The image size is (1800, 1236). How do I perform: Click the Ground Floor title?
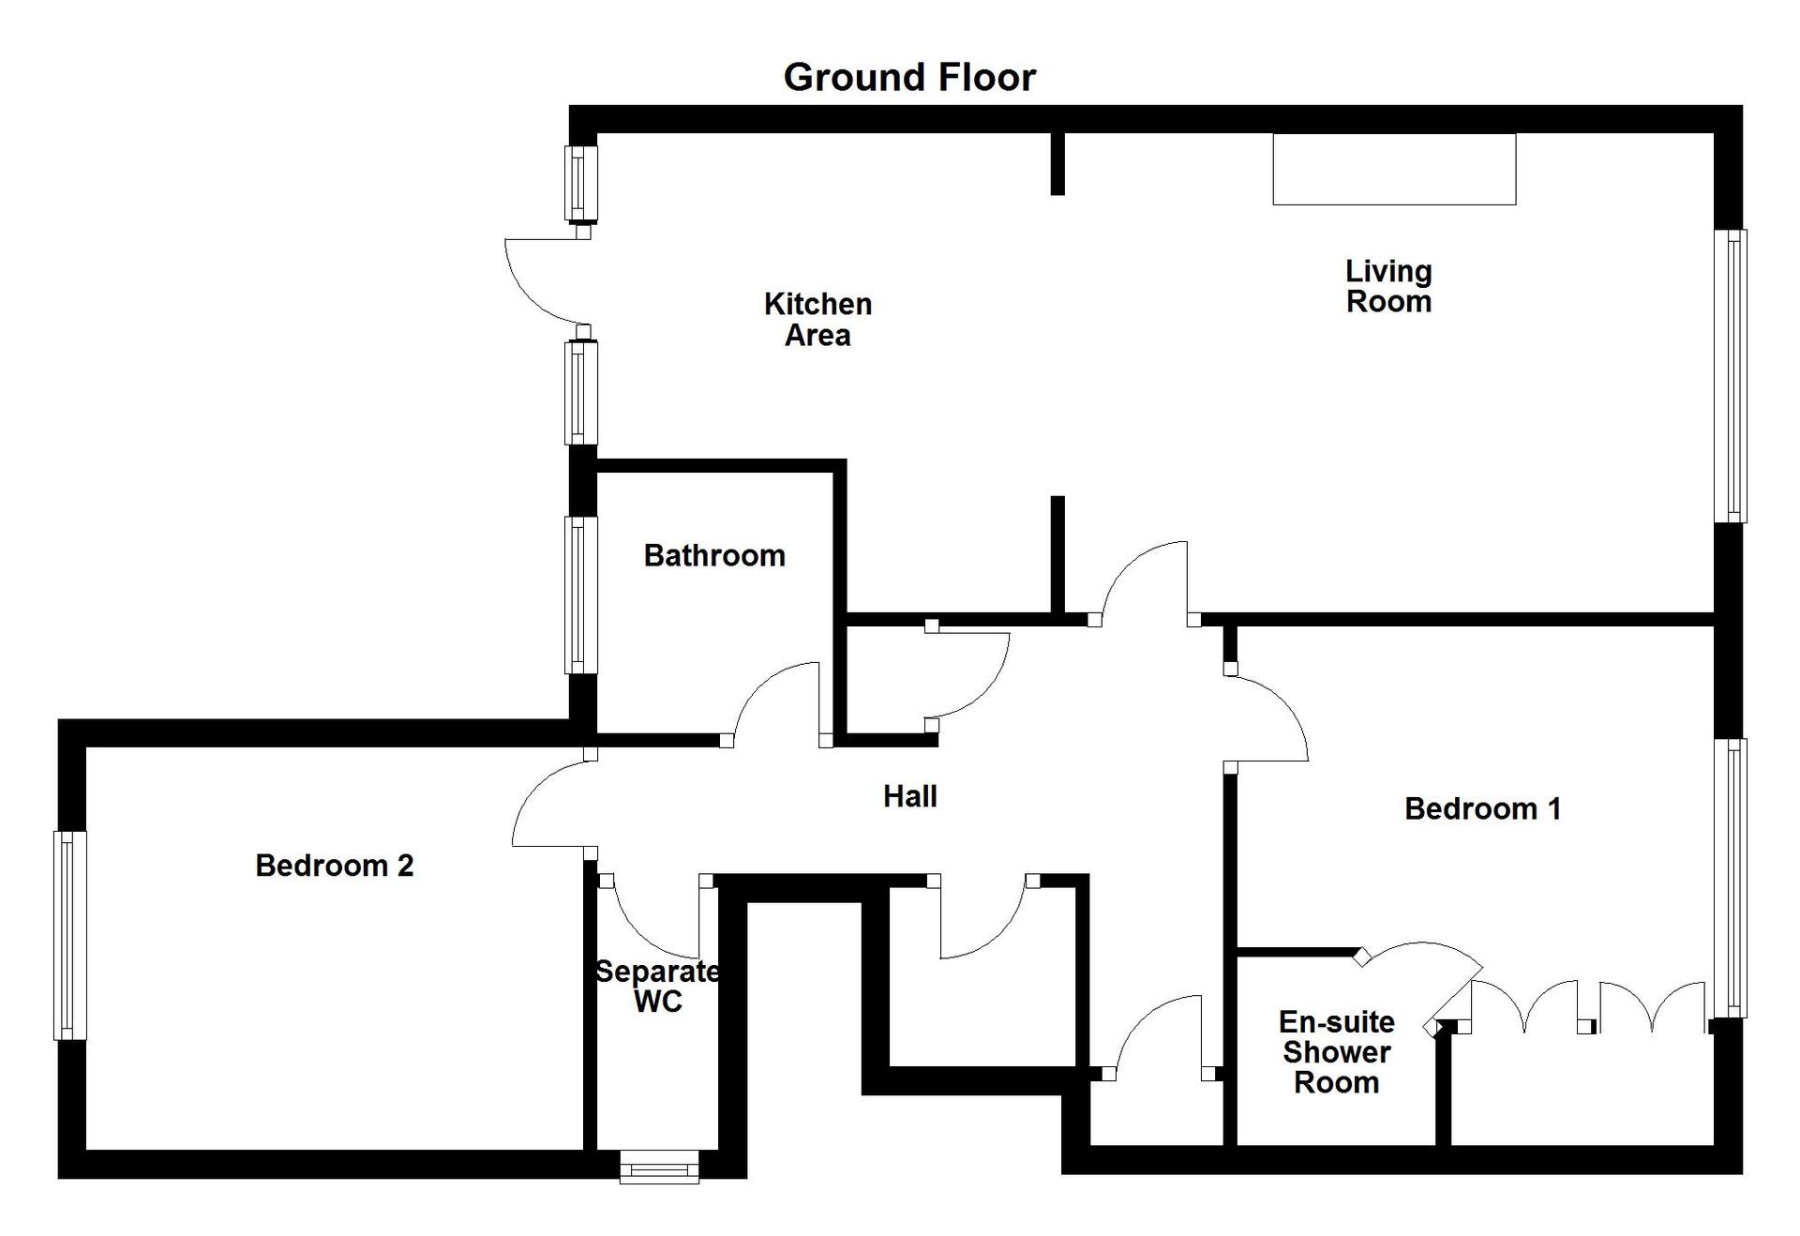pyautogui.click(x=909, y=77)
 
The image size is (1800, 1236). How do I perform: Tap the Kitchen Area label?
pyautogui.click(x=817, y=319)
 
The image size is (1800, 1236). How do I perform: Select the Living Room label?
pyautogui.click(x=1388, y=286)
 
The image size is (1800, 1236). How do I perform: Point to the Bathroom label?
pyautogui.click(x=714, y=555)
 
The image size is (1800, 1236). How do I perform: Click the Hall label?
pyautogui.click(x=910, y=796)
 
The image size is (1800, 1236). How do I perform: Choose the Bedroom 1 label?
pyautogui.click(x=1482, y=808)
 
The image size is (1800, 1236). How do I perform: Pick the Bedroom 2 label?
pyautogui.click(x=334, y=865)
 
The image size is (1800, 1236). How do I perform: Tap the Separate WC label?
pyautogui.click(x=658, y=986)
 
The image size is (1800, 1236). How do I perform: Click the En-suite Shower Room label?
pyautogui.click(x=1336, y=1051)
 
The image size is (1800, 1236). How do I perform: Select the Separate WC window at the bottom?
pyautogui.click(x=660, y=1168)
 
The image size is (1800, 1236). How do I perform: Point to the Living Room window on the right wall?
pyautogui.click(x=1731, y=376)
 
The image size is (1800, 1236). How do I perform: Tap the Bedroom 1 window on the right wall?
pyautogui.click(x=1731, y=878)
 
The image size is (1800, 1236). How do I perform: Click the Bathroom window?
pyautogui.click(x=581, y=595)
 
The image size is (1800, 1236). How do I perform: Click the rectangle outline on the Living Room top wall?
pyautogui.click(x=1394, y=169)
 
